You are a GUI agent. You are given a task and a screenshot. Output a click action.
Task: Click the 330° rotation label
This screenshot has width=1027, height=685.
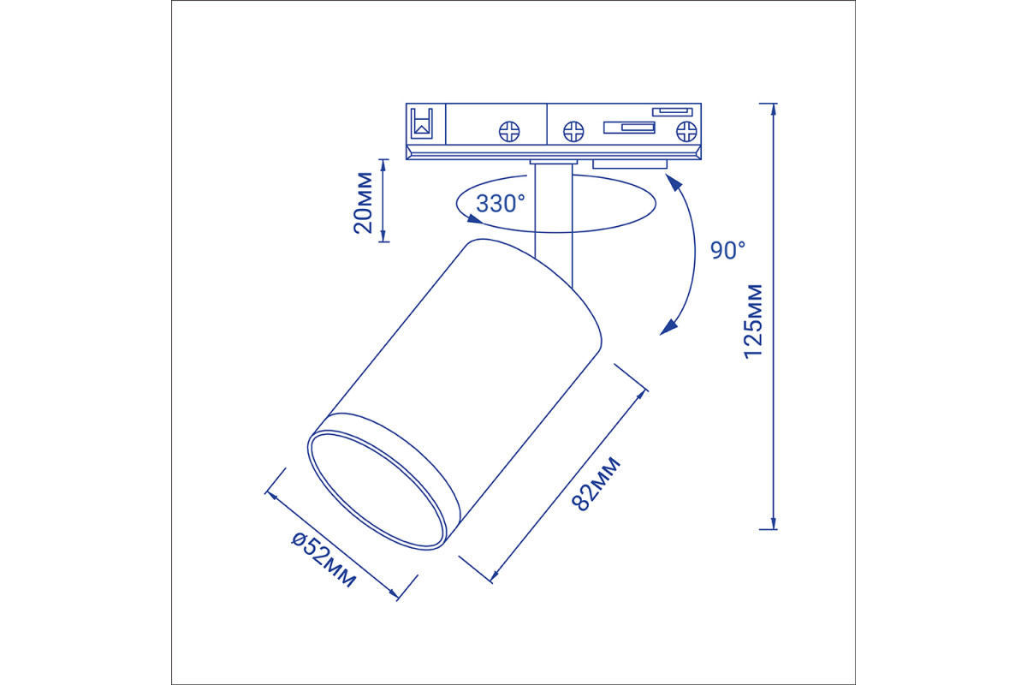500,204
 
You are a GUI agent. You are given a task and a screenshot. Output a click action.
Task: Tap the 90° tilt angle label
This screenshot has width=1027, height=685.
727,251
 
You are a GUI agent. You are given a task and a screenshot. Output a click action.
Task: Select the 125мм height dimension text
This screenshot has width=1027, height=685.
753,322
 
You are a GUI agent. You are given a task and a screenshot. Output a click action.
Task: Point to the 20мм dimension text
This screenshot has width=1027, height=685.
363,202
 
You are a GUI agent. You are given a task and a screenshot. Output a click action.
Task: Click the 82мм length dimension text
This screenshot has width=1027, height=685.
596,484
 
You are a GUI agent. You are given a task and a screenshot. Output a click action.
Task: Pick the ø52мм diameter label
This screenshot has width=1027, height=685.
324,559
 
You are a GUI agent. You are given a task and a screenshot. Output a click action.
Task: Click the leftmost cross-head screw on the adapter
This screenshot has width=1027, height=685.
509,132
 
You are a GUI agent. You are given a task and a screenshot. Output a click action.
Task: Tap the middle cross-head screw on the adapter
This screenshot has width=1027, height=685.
573,132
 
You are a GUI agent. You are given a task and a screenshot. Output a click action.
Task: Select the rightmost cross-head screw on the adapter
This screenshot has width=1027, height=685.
686,132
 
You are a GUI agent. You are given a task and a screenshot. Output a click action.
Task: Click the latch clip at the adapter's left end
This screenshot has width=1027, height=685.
422,123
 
